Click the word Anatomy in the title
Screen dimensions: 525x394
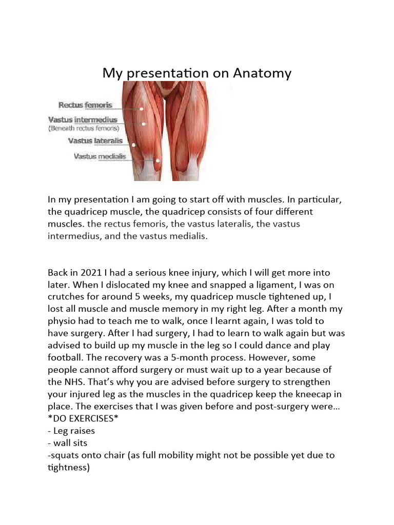(x=262, y=73)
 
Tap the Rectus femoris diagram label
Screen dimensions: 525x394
(x=85, y=106)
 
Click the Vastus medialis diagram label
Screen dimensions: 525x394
(x=100, y=156)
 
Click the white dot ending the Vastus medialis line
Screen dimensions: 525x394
(x=158, y=161)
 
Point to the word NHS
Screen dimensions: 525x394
(x=73, y=382)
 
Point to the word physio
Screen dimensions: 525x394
(x=62, y=322)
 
